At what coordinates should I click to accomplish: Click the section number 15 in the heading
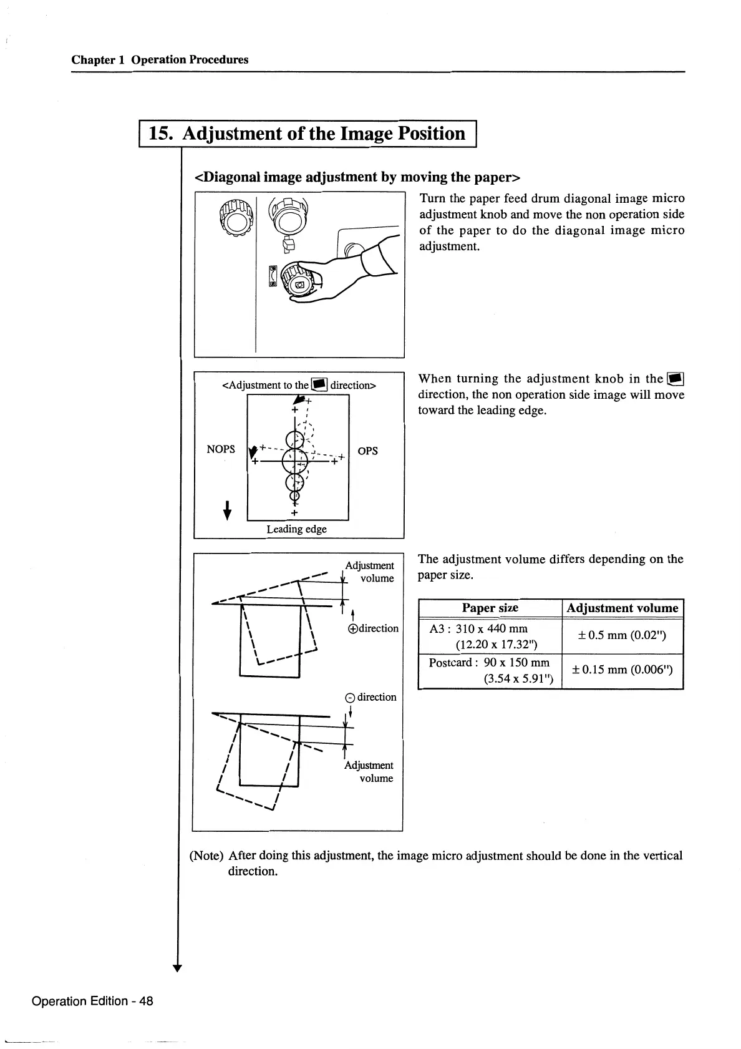[161, 134]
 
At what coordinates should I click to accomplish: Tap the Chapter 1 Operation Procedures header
[160, 60]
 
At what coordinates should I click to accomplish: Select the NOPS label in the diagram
[221, 449]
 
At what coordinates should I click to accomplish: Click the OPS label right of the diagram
[368, 451]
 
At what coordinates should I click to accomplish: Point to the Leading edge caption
[296, 529]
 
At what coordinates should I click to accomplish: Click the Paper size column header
[490, 608]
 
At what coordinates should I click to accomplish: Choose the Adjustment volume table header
[622, 608]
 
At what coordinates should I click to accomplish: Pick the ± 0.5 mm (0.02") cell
[622, 636]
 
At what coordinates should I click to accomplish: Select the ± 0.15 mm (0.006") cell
[622, 670]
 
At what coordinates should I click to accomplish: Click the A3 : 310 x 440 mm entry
[479, 629]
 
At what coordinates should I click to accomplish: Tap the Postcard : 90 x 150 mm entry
[489, 663]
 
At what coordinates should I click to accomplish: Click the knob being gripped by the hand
[299, 281]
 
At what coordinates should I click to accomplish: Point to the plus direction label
[373, 628]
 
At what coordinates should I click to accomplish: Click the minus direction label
[370, 697]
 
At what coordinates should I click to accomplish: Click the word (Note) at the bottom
[206, 856]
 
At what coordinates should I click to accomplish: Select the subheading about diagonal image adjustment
[358, 177]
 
